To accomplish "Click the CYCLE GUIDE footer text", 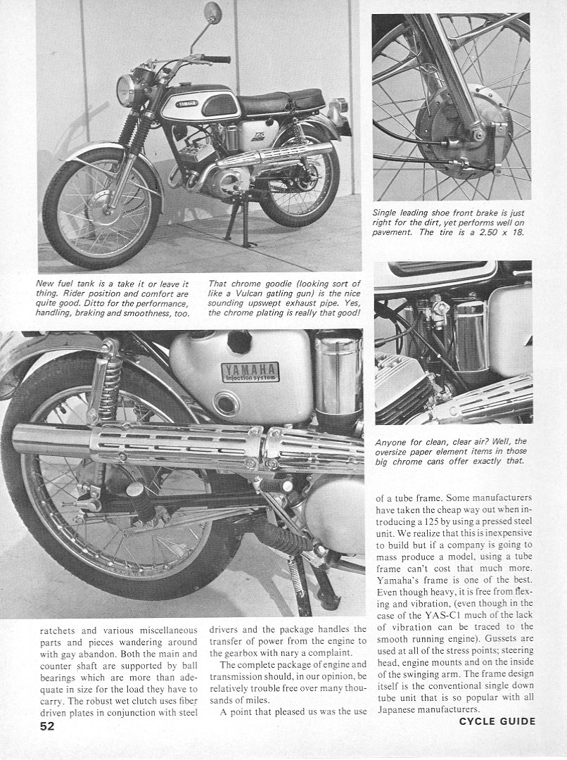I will pos(497,721).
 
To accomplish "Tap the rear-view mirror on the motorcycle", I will pos(212,12).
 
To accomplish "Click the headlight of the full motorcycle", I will pos(129,91).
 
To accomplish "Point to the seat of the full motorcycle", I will pos(280,103).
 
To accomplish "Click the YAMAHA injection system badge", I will pos(250,372).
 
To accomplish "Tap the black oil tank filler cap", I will pos(239,341).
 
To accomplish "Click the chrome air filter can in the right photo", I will pos(471,334).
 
